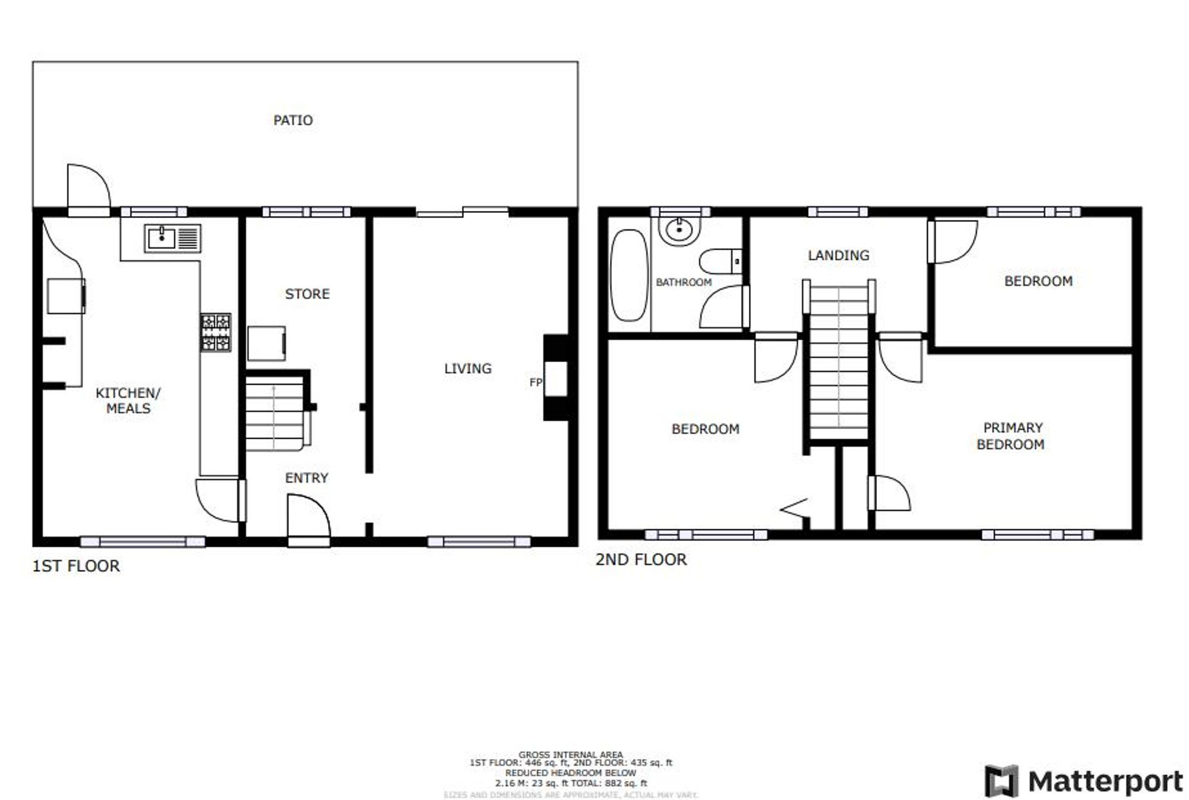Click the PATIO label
[292, 120]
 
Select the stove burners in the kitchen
[215, 332]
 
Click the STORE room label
[307, 294]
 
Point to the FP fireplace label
[535, 382]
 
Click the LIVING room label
[467, 368]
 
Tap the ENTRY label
[306, 478]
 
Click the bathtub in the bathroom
[629, 275]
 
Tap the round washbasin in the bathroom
[680, 230]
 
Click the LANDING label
[838, 256]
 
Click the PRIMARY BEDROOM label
[1011, 436]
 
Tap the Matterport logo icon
[1001, 781]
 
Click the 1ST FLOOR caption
[76, 566]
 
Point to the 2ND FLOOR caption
[641, 559]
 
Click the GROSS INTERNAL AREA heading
[570, 755]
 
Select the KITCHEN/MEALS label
[128, 401]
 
